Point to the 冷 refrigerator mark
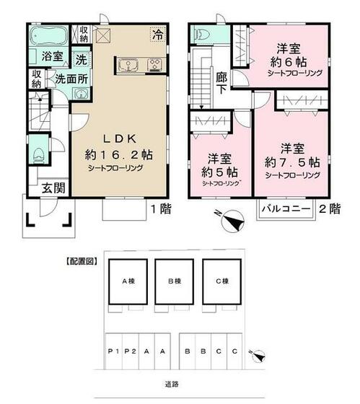click(157, 33)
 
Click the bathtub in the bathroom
click(48, 35)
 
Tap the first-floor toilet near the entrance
click(38, 154)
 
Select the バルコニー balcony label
click(286, 208)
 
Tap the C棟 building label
click(221, 281)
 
